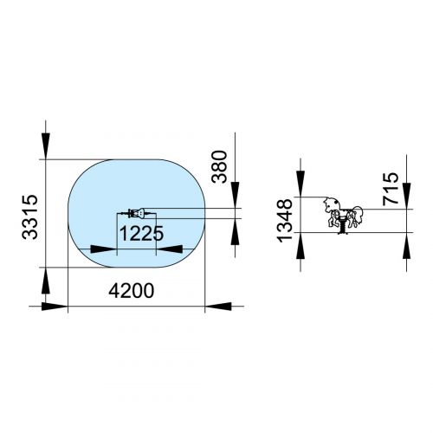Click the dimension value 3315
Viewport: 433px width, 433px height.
29,217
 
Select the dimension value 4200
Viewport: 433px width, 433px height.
132,291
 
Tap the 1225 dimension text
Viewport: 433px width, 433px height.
141,233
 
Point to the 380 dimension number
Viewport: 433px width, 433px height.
219,166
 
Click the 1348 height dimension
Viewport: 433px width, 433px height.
285,220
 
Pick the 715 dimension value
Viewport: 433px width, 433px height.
391,189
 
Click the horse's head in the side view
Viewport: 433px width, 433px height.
330,204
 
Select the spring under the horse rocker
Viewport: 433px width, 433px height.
343,227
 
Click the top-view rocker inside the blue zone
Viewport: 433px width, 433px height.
135,214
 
